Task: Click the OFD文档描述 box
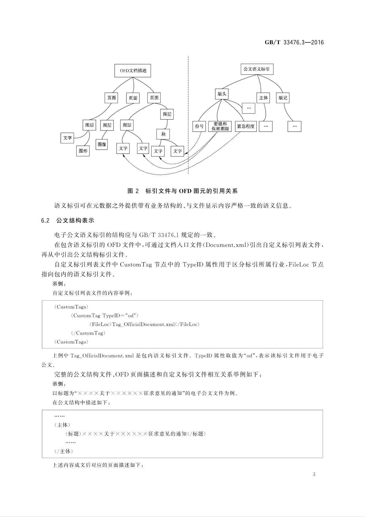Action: pyautogui.click(x=133, y=70)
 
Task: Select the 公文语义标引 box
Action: pyautogui.click(x=256, y=69)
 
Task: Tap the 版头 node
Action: pyautogui.click(x=222, y=94)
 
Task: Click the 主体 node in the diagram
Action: pyautogui.click(x=263, y=98)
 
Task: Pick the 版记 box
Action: pyautogui.click(x=282, y=98)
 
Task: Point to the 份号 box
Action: pyautogui.click(x=199, y=126)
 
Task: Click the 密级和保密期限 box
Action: pyautogui.click(x=220, y=126)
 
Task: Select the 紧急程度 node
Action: pyautogui.click(x=246, y=126)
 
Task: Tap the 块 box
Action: pyautogui.click(x=163, y=134)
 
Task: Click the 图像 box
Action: pyautogui.click(x=102, y=144)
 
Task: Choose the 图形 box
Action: pyautogui.click(x=83, y=151)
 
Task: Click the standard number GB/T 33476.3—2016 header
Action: pyautogui.click(x=294, y=43)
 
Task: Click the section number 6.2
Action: pyautogui.click(x=45, y=220)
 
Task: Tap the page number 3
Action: pyautogui.click(x=314, y=474)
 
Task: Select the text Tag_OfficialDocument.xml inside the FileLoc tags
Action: pyautogui.click(x=143, y=324)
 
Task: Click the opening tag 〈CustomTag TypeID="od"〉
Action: pyautogui.click(x=105, y=316)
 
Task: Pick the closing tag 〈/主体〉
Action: pyautogui.click(x=63, y=451)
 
